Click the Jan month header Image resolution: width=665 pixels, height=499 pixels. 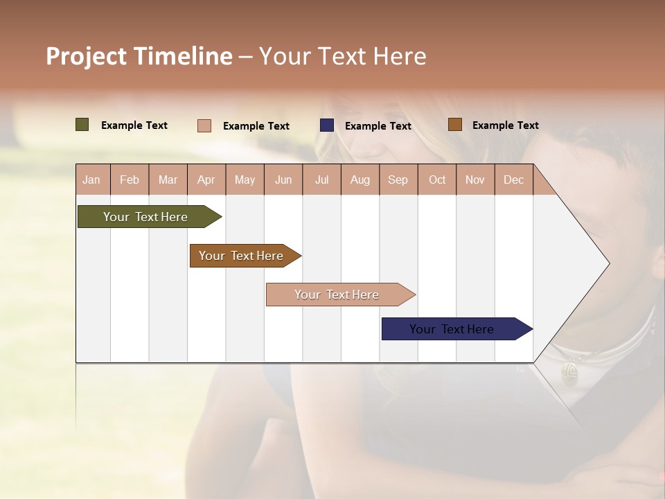point(91,180)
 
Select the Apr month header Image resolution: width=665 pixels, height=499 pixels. point(206,180)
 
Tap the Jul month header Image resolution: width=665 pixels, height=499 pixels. point(321,180)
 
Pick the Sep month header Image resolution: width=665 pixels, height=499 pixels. point(398,180)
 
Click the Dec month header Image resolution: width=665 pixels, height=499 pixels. point(513,180)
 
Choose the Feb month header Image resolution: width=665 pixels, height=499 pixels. point(130,180)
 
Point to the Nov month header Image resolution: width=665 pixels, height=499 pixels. point(475,180)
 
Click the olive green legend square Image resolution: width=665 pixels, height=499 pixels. point(82,125)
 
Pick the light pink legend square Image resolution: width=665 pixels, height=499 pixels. point(204,125)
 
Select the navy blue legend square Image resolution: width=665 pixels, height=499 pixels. point(327,125)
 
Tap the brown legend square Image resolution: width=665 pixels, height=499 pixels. point(454,125)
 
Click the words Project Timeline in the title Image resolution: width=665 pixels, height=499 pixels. point(139,56)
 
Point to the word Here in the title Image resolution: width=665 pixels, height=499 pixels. point(400,56)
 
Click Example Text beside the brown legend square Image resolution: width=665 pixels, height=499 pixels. point(505,125)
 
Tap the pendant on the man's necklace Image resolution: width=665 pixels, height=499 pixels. point(569,374)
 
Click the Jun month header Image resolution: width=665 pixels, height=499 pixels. point(283,180)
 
